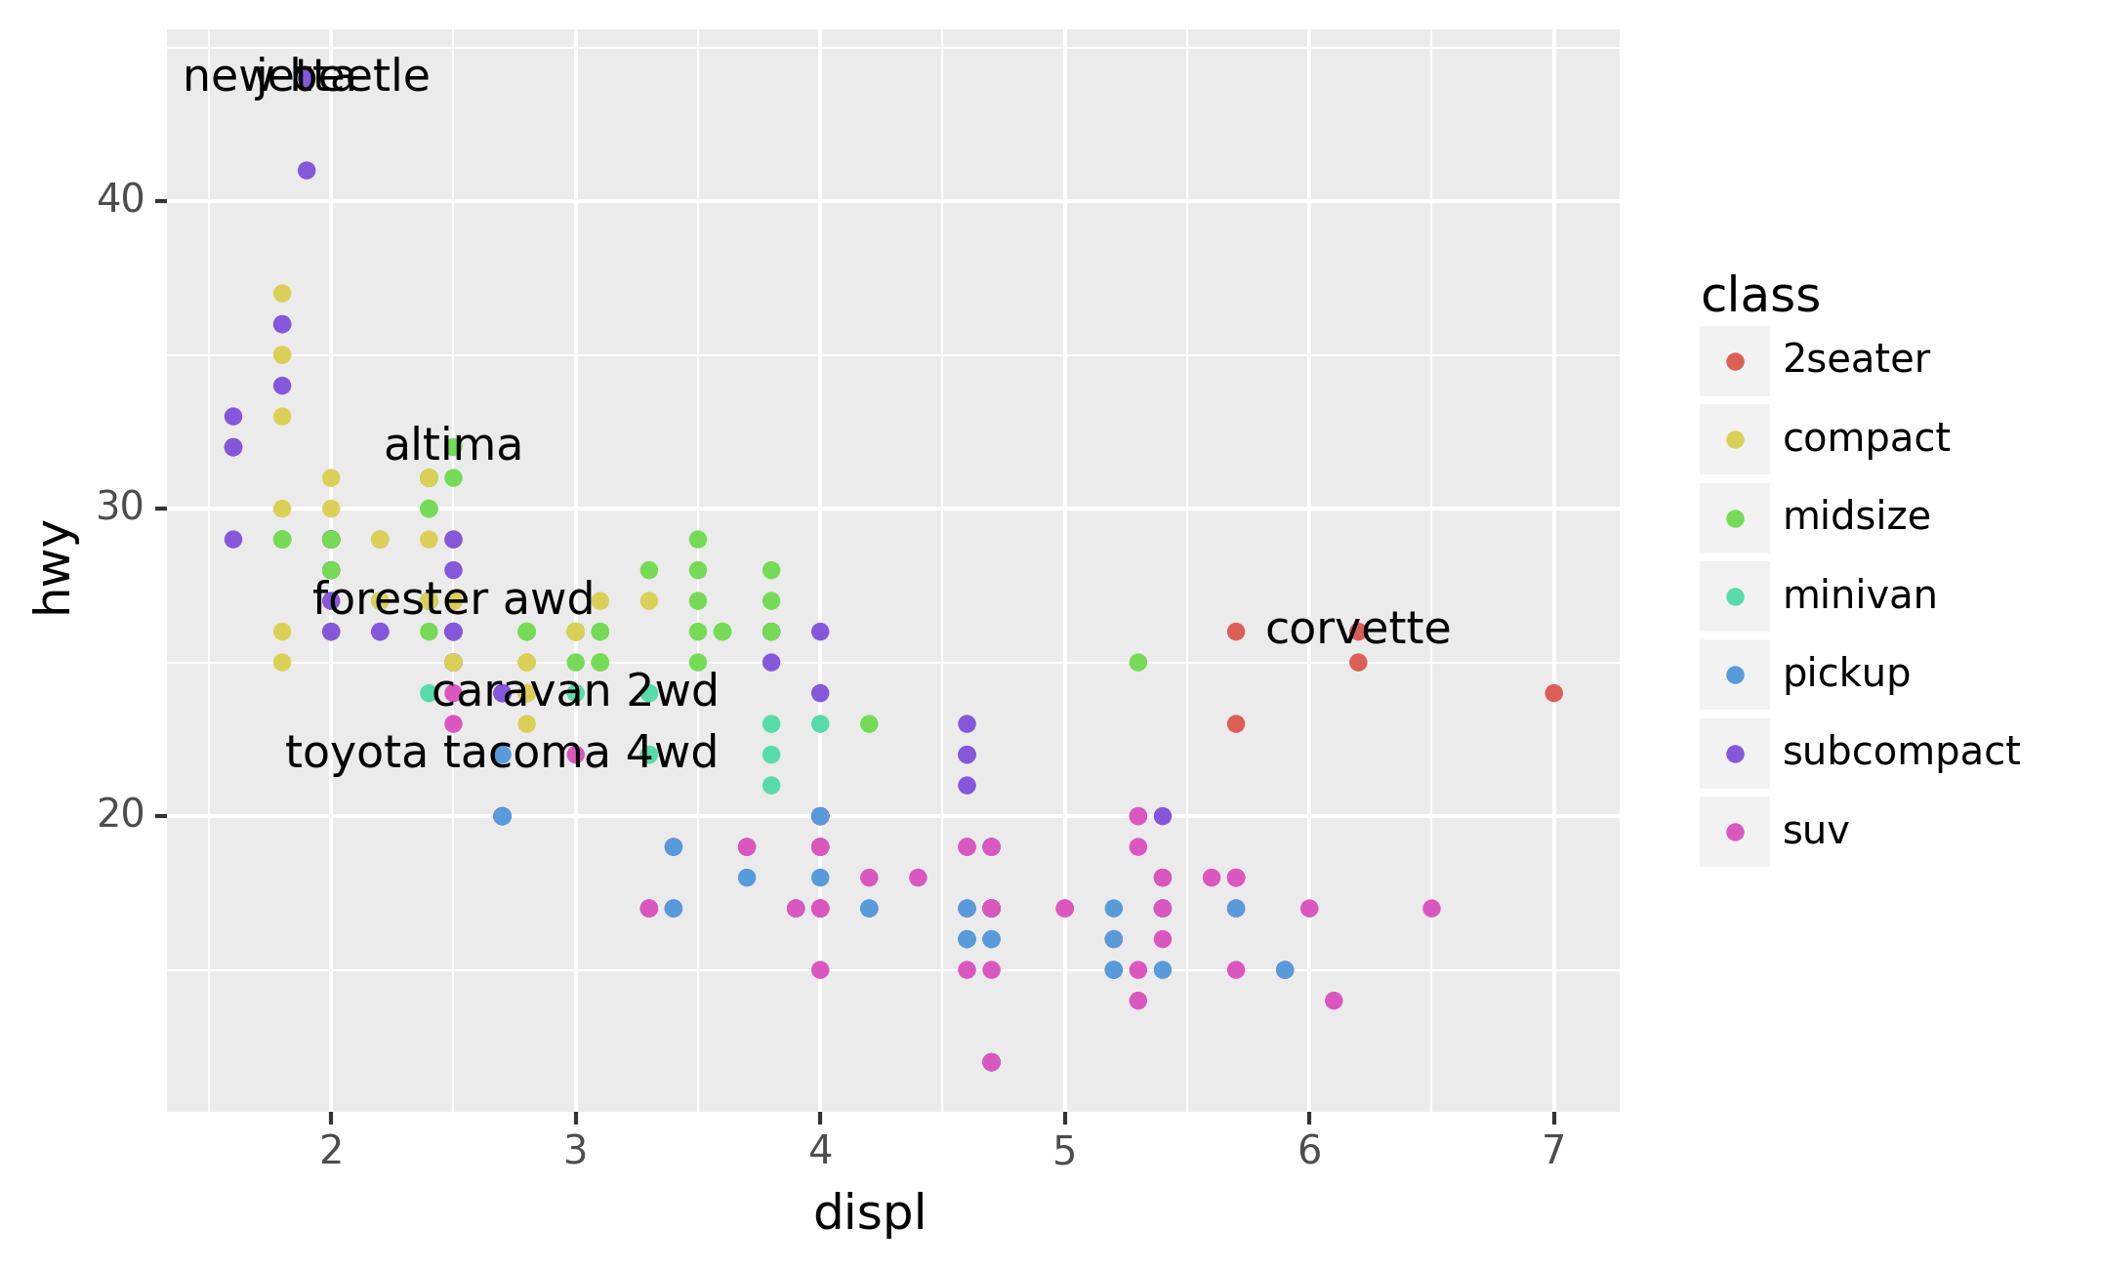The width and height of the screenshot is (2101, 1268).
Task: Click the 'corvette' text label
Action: click(1357, 630)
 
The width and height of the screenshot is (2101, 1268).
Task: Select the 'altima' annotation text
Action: click(453, 446)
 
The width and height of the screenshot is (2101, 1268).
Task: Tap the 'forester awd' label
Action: click(453, 599)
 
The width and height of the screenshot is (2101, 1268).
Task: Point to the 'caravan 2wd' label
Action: click(575, 691)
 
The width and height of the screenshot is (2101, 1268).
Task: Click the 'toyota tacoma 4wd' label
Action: click(501, 753)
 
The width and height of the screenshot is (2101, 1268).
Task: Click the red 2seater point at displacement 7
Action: click(1554, 693)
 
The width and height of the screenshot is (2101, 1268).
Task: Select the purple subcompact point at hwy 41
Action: click(307, 171)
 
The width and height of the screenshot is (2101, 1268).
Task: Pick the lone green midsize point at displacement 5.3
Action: click(1138, 663)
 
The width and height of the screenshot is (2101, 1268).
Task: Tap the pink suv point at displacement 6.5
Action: click(1432, 909)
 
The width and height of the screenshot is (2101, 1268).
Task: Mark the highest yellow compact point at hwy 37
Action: click(282, 294)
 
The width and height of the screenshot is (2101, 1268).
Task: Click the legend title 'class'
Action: click(1760, 295)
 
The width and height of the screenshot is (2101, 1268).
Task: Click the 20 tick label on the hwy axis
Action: click(120, 814)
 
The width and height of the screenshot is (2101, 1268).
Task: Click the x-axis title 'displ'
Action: click(869, 1213)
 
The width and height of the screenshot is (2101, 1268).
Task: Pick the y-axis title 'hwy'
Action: click(54, 568)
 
